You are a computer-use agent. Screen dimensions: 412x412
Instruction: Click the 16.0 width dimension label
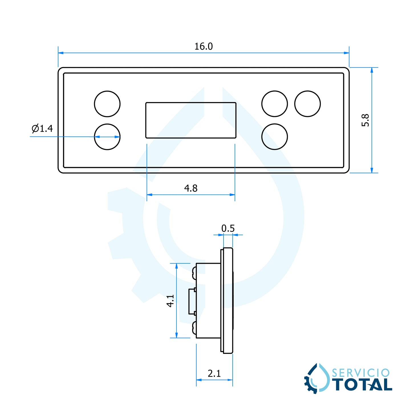coord(203,46)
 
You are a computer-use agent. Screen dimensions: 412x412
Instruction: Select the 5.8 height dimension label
coord(365,120)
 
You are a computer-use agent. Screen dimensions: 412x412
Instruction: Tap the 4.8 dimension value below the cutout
coord(191,188)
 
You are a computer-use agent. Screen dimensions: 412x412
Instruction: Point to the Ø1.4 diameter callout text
coord(42,129)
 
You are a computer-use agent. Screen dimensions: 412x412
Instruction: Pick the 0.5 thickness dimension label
coord(228,228)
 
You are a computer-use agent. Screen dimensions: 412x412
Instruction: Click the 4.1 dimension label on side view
coord(170,301)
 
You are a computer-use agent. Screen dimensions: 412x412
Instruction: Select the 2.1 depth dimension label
coord(214,374)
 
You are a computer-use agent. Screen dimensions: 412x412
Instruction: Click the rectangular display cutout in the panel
coord(191,120)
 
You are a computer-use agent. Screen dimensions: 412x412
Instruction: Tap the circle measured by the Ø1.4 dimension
coord(107,137)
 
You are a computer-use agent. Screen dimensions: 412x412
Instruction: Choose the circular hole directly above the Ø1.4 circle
coord(107,104)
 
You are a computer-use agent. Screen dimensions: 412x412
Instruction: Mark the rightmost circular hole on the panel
coord(307,104)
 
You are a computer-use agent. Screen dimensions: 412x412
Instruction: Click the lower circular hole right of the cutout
coord(275,137)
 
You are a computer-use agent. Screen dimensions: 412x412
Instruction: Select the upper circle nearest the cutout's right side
coord(275,104)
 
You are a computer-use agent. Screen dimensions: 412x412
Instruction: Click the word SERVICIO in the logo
coord(361,373)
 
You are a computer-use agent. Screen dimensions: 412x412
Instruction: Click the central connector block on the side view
coord(192,301)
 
